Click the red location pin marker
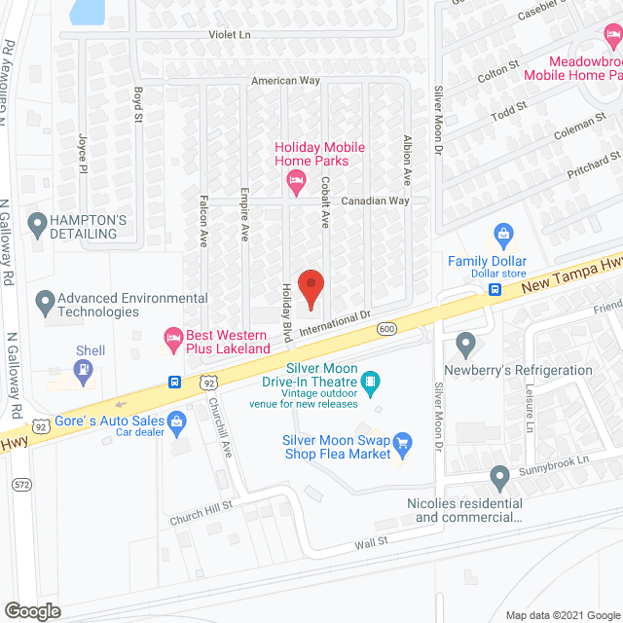pos(311,286)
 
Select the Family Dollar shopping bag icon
pos(502,234)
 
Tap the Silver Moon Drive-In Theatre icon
pos(371,379)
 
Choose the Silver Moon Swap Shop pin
pos(404,445)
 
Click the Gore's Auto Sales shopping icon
pos(176,421)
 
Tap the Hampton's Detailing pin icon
pos(38,226)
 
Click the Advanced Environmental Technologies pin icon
pos(44,303)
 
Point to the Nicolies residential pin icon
pos(499,478)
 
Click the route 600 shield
pos(387,329)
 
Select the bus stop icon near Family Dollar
pos(495,289)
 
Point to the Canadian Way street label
pos(375,201)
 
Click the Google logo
pos(32,610)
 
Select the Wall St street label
pos(371,540)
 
